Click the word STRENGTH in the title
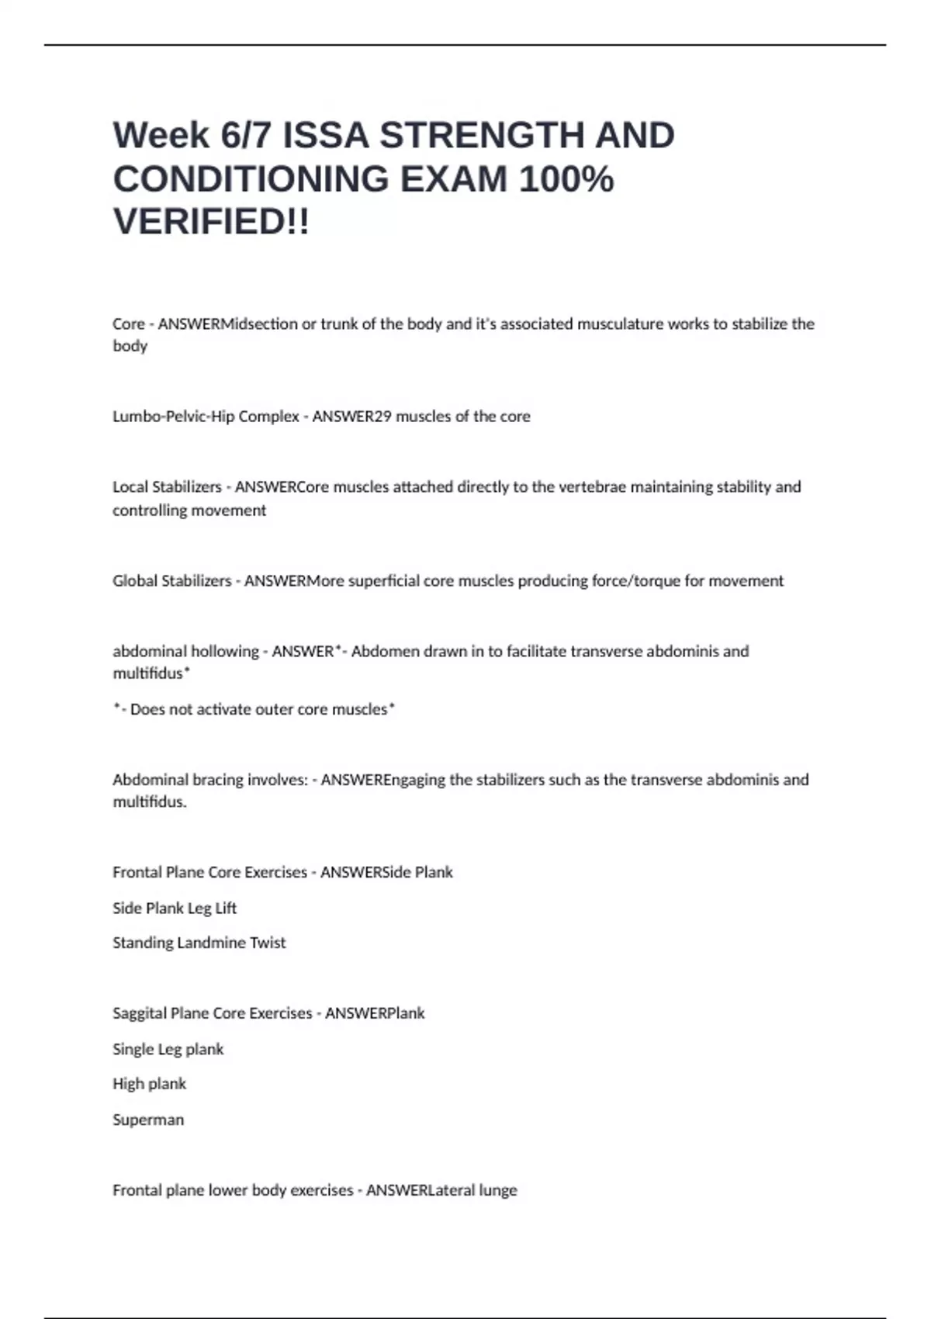[x=482, y=136]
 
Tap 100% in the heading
[x=566, y=179]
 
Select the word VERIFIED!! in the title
[x=211, y=222]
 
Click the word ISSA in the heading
[x=325, y=136]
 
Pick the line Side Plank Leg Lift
[x=175, y=909]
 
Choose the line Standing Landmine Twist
[x=199, y=943]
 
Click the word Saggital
[x=139, y=1014]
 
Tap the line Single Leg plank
[x=168, y=1050]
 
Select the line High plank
[x=150, y=1085]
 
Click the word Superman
[x=148, y=1120]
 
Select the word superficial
[x=384, y=581]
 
